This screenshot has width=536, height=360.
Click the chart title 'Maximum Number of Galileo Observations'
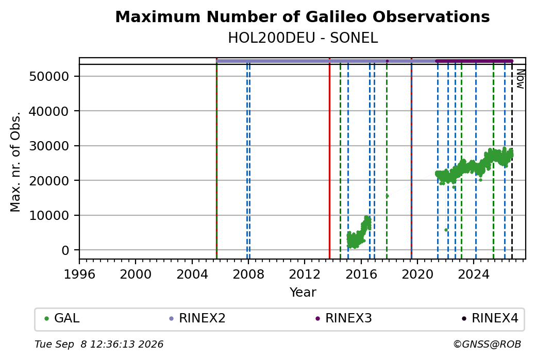(303, 16)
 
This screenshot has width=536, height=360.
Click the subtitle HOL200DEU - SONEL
(303, 38)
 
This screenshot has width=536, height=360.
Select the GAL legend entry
(62, 318)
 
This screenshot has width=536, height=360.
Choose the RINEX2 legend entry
(197, 318)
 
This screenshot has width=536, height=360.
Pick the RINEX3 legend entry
(344, 318)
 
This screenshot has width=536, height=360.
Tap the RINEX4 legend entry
(490, 318)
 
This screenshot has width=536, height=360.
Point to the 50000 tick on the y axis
(49, 76)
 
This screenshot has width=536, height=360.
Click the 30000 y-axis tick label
(49, 146)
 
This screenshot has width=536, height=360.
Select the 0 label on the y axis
(65, 250)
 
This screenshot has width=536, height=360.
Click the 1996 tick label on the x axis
(79, 275)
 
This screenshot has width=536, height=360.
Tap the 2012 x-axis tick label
(305, 275)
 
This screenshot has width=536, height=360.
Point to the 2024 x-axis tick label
(474, 275)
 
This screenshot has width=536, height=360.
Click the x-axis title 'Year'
(303, 293)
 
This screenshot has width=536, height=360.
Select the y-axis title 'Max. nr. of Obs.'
(15, 162)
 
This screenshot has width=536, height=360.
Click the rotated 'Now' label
(520, 79)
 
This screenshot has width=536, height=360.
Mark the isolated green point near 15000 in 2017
(387, 196)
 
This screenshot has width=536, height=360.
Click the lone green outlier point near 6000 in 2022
(446, 230)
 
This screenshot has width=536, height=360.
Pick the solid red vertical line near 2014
(329, 158)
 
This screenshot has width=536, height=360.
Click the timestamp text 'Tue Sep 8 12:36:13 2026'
(99, 344)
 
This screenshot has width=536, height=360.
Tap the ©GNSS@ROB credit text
(487, 344)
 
